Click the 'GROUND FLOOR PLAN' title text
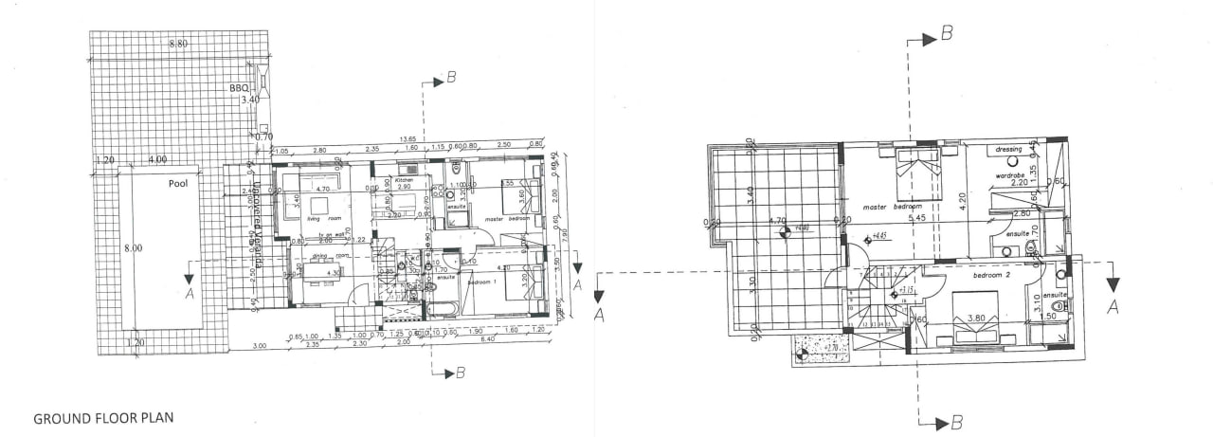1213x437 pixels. click(103, 417)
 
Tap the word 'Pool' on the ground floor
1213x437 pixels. click(177, 184)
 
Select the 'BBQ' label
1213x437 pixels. click(239, 88)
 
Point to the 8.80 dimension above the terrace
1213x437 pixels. click(178, 44)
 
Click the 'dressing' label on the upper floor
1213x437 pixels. click(1008, 149)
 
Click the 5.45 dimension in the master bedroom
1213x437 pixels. click(915, 219)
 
